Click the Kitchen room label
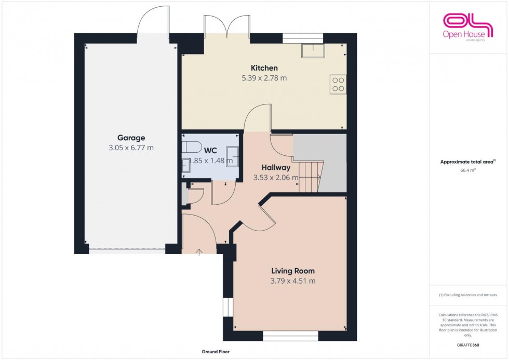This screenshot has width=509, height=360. [264, 68]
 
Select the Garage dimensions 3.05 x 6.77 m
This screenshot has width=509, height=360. [131, 148]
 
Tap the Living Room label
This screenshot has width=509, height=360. [293, 271]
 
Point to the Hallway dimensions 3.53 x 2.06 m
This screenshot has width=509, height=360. [276, 178]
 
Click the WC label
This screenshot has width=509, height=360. [210, 150]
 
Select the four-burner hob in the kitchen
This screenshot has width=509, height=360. [338, 85]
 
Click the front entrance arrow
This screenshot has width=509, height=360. [199, 252]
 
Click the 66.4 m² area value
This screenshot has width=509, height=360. [469, 169]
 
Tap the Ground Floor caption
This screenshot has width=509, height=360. [216, 352]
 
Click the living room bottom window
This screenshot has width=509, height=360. [290, 337]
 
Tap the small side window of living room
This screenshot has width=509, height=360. [226, 306]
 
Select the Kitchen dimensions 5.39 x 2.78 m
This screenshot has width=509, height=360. [264, 78]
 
